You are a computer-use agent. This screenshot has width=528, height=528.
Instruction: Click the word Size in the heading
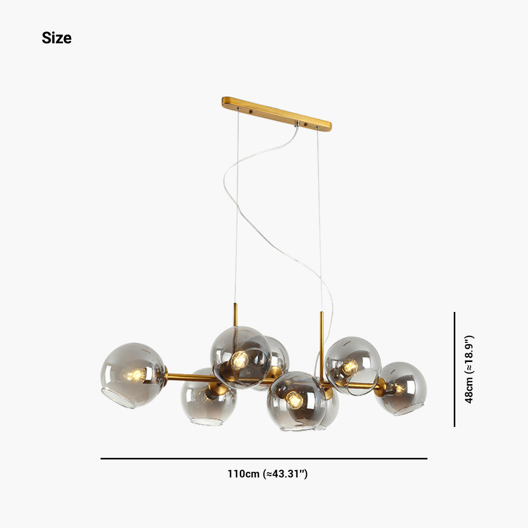pos(56,38)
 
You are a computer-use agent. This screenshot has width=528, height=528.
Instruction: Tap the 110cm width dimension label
pos(267,473)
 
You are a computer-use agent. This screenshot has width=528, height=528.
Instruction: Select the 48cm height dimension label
pos(469,369)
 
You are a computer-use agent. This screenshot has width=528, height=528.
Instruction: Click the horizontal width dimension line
pos(263,458)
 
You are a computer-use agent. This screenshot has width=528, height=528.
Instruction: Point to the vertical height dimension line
pos(455,369)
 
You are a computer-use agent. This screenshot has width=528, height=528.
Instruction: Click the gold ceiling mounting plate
pos(276,113)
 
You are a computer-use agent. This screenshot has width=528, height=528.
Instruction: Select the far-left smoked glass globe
pos(133,375)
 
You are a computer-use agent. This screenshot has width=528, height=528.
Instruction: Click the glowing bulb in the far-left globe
pos(135,375)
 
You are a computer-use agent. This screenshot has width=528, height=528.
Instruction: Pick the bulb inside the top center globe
pos(239,359)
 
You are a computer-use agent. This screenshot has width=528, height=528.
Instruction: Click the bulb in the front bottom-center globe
pos(293,399)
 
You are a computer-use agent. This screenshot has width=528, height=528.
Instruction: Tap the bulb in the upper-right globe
pos(350,367)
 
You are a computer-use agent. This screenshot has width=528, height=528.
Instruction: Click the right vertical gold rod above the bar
pos(322,330)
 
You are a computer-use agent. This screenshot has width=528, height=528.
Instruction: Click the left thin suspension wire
pos(237,206)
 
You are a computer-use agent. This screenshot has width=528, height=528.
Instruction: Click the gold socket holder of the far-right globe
pos(381,387)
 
